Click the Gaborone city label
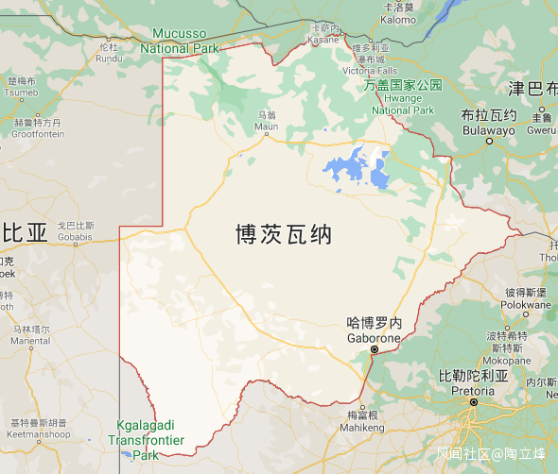point(375,337)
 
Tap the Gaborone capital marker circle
point(375,350)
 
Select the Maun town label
point(267,126)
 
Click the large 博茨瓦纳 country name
point(284,234)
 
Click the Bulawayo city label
point(488,129)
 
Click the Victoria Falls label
point(370,70)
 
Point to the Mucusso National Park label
point(179,41)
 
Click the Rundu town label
point(109,58)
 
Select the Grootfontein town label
point(38,134)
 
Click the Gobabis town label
point(76,236)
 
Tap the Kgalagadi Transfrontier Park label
point(146,439)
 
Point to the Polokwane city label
point(527,305)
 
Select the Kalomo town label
point(397,19)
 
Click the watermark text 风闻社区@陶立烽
point(490,453)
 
